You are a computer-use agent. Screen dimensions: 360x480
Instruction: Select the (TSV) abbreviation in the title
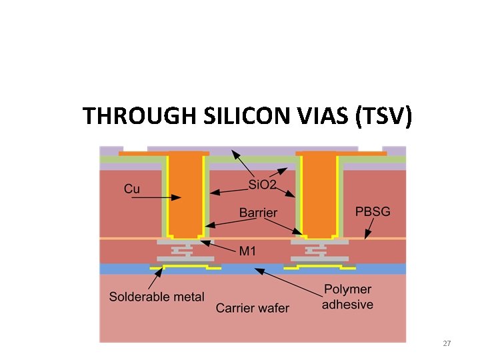click(385, 116)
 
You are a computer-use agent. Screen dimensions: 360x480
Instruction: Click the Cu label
click(132, 189)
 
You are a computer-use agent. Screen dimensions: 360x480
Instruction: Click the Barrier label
click(258, 213)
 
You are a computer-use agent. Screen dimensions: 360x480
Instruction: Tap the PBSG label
click(373, 211)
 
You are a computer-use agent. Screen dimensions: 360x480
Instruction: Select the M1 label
click(249, 251)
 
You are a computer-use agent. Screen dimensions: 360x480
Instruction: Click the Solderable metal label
click(157, 297)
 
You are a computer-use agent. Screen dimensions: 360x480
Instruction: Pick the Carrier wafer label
click(253, 308)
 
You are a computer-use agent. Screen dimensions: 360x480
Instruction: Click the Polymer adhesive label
click(347, 297)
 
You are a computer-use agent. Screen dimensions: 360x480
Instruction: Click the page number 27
click(447, 343)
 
